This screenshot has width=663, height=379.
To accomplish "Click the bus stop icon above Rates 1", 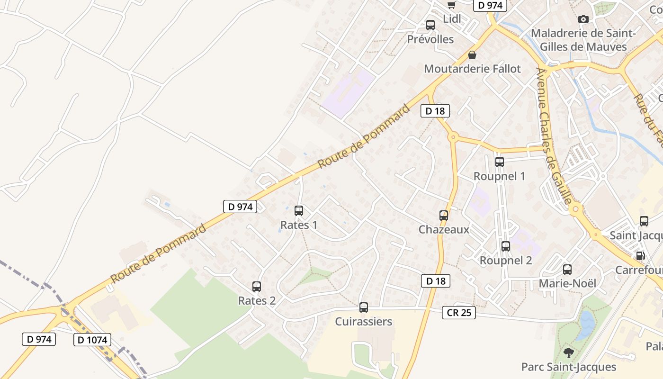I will pyautogui.click(x=299, y=211).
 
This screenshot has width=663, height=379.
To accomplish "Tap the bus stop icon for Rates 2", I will pyautogui.click(x=257, y=287).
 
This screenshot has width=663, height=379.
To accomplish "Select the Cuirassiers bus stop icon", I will pyautogui.click(x=364, y=307).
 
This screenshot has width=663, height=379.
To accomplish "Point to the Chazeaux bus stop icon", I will pyautogui.click(x=444, y=216).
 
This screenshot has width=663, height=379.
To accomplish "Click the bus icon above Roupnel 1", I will pyautogui.click(x=500, y=162).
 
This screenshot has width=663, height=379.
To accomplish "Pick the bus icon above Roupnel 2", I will pyautogui.click(x=506, y=246).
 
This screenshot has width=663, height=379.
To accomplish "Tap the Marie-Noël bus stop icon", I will pyautogui.click(x=567, y=270).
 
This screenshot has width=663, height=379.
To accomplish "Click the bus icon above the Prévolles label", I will pyautogui.click(x=430, y=25).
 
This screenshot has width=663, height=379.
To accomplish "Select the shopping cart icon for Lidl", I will pyautogui.click(x=451, y=5).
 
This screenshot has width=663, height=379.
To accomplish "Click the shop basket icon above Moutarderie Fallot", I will pyautogui.click(x=472, y=55).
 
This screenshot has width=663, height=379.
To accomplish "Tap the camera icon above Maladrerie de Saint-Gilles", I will pyautogui.click(x=583, y=19).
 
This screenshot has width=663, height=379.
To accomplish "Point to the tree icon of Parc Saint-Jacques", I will pyautogui.click(x=569, y=353).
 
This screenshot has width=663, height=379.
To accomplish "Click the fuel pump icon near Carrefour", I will pyautogui.click(x=640, y=256).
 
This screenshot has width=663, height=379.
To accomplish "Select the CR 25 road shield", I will pyautogui.click(x=459, y=313).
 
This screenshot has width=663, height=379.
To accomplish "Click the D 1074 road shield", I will pyautogui.click(x=92, y=340).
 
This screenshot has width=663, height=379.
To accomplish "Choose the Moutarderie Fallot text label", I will pyautogui.click(x=472, y=69).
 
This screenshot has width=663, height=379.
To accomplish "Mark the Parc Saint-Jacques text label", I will pyautogui.click(x=569, y=367).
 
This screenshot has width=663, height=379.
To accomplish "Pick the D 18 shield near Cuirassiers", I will pyautogui.click(x=435, y=281).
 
